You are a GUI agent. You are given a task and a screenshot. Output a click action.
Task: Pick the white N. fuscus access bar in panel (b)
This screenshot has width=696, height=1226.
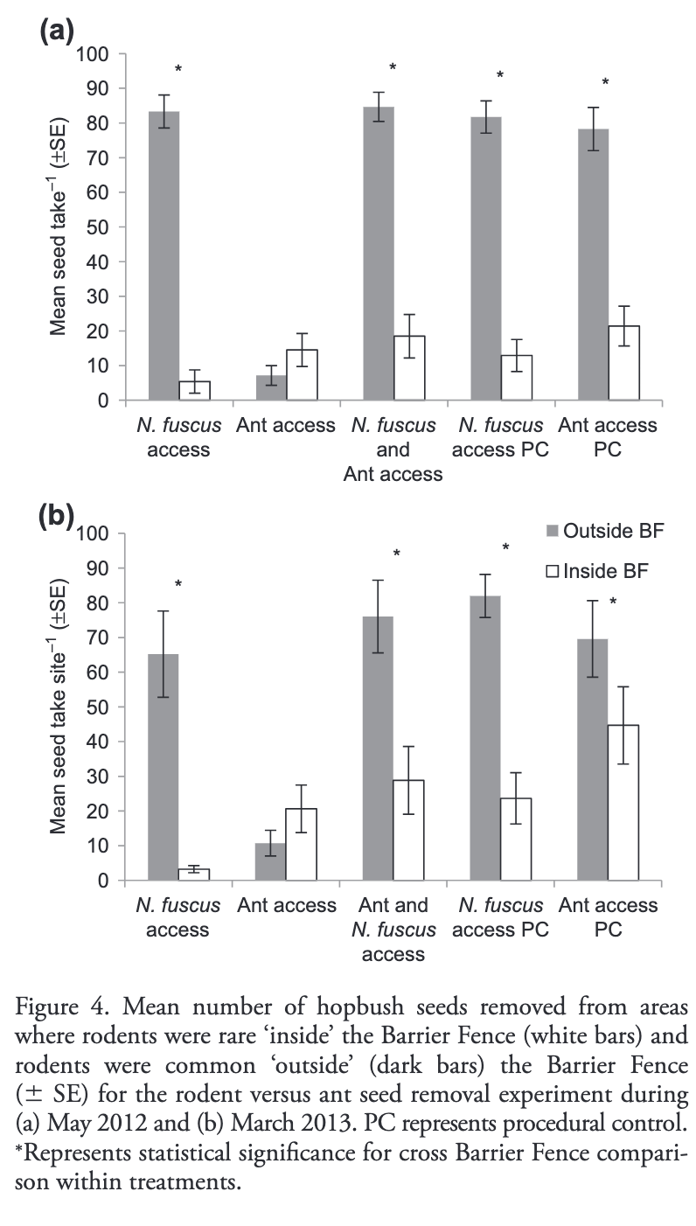pyautogui.click(x=194, y=874)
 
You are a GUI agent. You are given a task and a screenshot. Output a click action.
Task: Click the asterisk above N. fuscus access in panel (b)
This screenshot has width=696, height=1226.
pyautogui.click(x=177, y=585)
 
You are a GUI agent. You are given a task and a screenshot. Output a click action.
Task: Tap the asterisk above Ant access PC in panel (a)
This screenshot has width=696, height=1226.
pyautogui.click(x=604, y=83)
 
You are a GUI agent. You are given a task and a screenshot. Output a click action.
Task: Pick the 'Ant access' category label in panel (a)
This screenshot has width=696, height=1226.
pyautogui.click(x=286, y=426)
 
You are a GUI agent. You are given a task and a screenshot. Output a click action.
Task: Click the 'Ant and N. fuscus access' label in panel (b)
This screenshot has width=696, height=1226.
pyautogui.click(x=393, y=930)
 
